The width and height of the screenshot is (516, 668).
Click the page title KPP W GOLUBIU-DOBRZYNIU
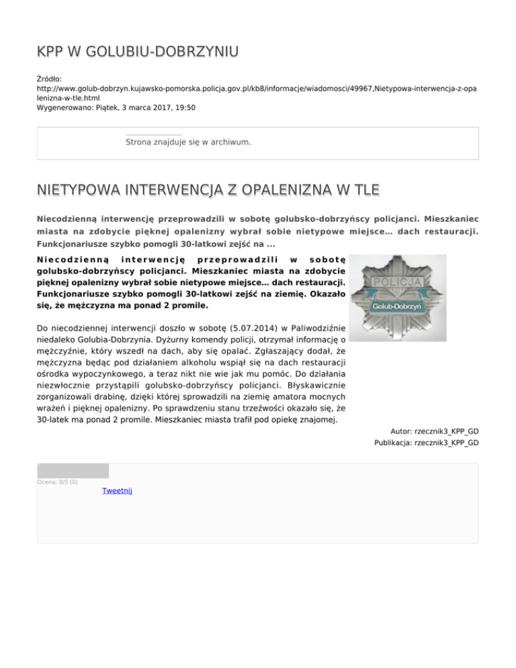(x=138, y=52)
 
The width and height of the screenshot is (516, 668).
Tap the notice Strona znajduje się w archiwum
(x=188, y=142)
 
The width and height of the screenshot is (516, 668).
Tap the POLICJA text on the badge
(x=397, y=282)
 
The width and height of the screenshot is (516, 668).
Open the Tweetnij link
(x=117, y=491)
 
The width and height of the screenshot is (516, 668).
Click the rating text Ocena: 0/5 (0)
(x=58, y=482)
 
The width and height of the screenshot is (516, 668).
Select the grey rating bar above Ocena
(x=73, y=470)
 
